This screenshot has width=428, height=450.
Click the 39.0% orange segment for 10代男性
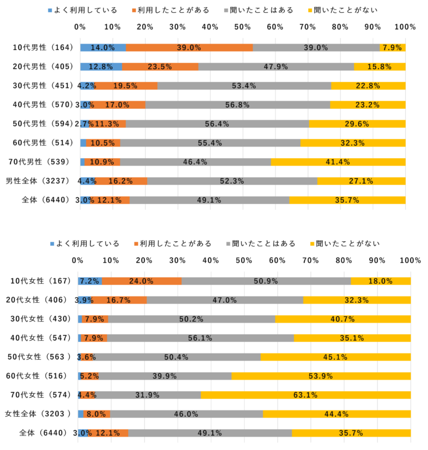pyautogui.click(x=189, y=48)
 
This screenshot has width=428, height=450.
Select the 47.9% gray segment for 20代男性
pyautogui.click(x=276, y=67)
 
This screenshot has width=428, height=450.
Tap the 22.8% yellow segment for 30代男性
pyautogui.click(x=369, y=86)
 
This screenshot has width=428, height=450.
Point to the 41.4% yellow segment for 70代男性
pyautogui.click(x=338, y=162)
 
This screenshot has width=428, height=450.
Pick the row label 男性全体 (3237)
pyautogui.click(x=38, y=181)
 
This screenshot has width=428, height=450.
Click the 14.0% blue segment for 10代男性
pyautogui.click(x=102, y=48)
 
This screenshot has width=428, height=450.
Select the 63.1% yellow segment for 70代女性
pyautogui.click(x=306, y=395)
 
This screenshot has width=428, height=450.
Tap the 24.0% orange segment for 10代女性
pyautogui.click(x=142, y=281)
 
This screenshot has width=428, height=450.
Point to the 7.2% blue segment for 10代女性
pyautogui.click(x=90, y=281)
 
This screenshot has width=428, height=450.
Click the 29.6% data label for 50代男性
pyautogui.click(x=357, y=124)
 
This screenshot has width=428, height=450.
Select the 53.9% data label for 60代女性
pyautogui.click(x=321, y=376)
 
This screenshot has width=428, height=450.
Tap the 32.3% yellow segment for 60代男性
pyautogui.click(x=353, y=143)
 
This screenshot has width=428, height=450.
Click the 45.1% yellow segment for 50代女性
pyautogui.click(x=335, y=357)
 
